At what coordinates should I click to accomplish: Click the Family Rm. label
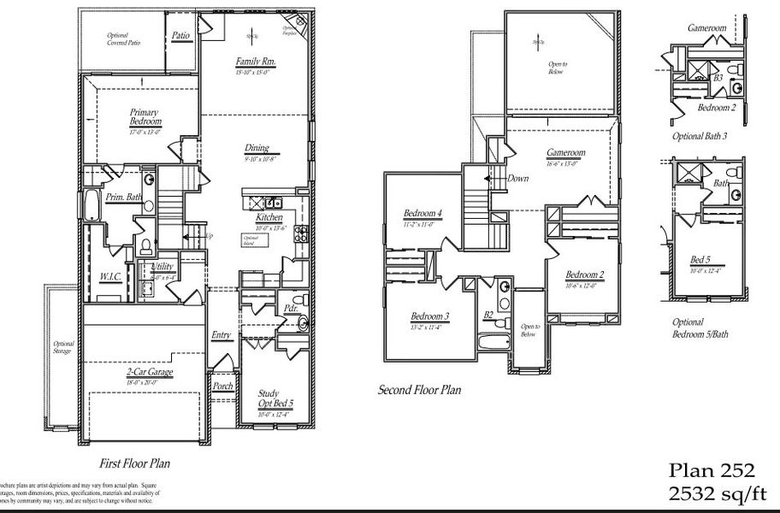tap(254, 62)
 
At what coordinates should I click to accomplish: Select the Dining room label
tap(256, 148)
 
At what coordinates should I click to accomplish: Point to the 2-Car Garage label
tap(149, 372)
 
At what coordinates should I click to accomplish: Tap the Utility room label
tap(162, 268)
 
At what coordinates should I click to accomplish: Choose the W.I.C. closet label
tap(109, 276)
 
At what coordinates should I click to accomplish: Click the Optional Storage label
tap(63, 347)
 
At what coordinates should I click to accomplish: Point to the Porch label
tap(222, 386)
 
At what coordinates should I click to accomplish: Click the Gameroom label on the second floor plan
tap(565, 153)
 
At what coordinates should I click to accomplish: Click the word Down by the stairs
tap(517, 179)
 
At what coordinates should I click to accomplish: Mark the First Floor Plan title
tap(134, 464)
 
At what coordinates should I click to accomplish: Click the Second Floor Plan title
tap(419, 390)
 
